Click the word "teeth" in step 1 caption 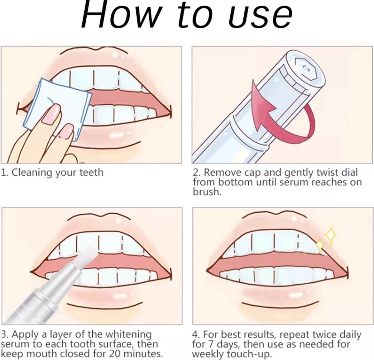click(x=92, y=172)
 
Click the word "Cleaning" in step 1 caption click(x=32, y=173)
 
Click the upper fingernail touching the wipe click(x=51, y=115)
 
